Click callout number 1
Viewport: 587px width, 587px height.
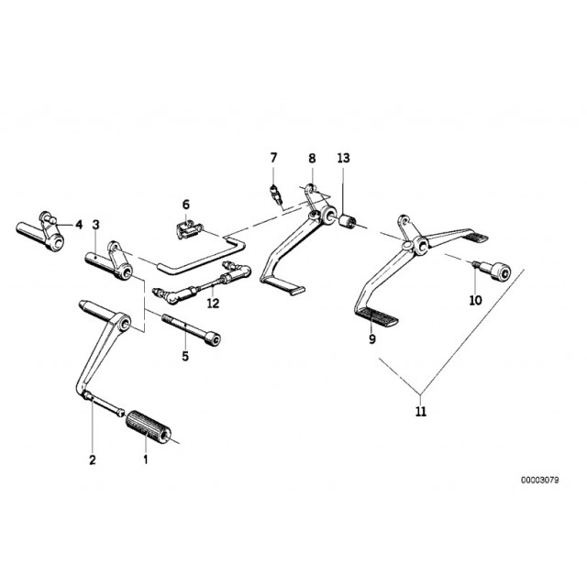[146, 459]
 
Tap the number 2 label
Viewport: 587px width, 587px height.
[93, 460]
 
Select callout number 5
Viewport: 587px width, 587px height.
[185, 356]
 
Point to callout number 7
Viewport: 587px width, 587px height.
[273, 158]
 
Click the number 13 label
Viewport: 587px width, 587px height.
[343, 158]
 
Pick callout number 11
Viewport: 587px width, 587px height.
[421, 411]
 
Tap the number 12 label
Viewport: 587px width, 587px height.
[213, 303]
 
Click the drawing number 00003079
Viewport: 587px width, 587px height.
[539, 480]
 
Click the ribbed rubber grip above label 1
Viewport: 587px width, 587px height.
[149, 427]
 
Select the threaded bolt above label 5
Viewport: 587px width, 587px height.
[191, 329]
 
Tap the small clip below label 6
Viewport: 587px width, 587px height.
[189, 229]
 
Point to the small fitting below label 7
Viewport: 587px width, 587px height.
[275, 194]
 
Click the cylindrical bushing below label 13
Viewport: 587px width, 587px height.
[348, 220]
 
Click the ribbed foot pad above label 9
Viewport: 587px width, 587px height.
[376, 316]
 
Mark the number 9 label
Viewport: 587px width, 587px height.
[372, 339]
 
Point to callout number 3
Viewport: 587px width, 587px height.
[96, 225]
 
